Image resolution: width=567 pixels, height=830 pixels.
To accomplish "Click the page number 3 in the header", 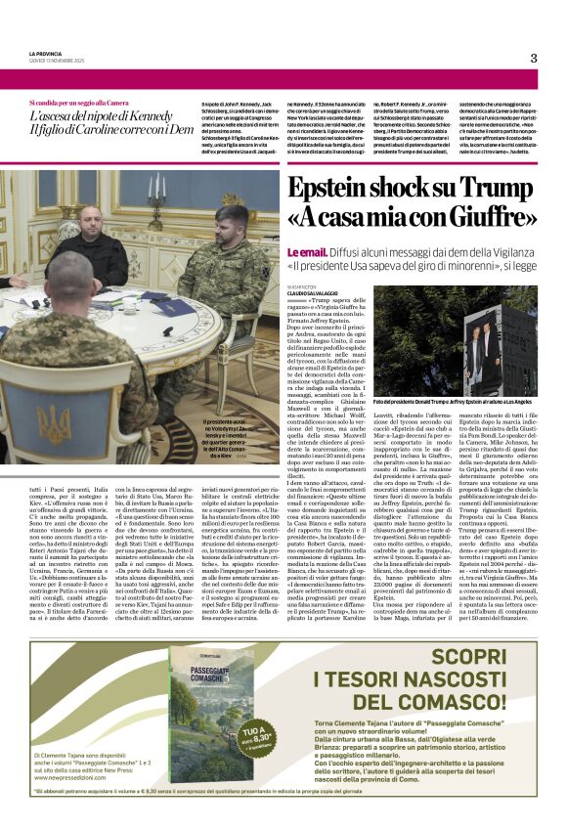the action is pyautogui.click(x=534, y=58).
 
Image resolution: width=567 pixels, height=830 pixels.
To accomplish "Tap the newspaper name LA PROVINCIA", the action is pyautogui.click(x=45, y=53).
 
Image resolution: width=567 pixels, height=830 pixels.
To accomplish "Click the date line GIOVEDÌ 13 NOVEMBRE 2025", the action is pyautogui.click(x=59, y=61).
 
